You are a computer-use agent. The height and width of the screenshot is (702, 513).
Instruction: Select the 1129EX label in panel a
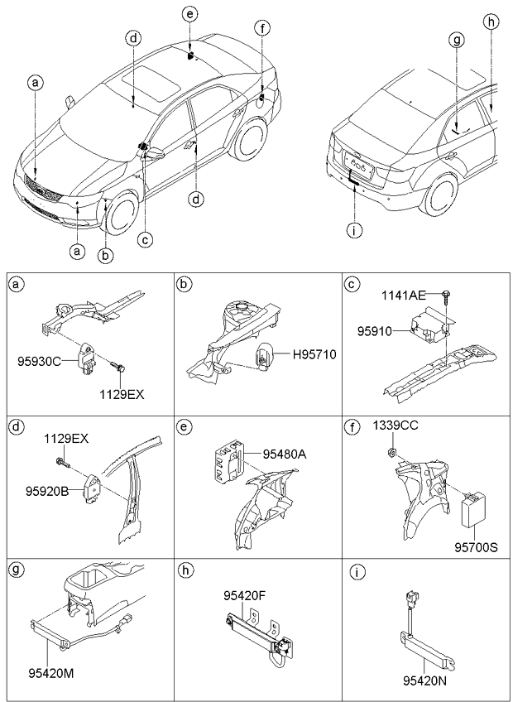122,395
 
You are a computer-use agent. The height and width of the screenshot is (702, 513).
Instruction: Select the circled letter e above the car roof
190,15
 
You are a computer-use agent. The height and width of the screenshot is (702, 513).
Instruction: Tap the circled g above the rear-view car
456,39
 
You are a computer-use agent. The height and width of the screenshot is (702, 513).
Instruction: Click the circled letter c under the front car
145,239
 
